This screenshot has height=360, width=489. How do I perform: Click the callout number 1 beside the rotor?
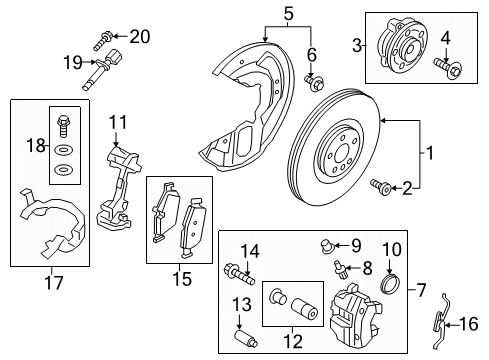(x=431, y=155)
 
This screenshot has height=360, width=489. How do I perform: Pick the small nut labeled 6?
(x=313, y=81)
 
